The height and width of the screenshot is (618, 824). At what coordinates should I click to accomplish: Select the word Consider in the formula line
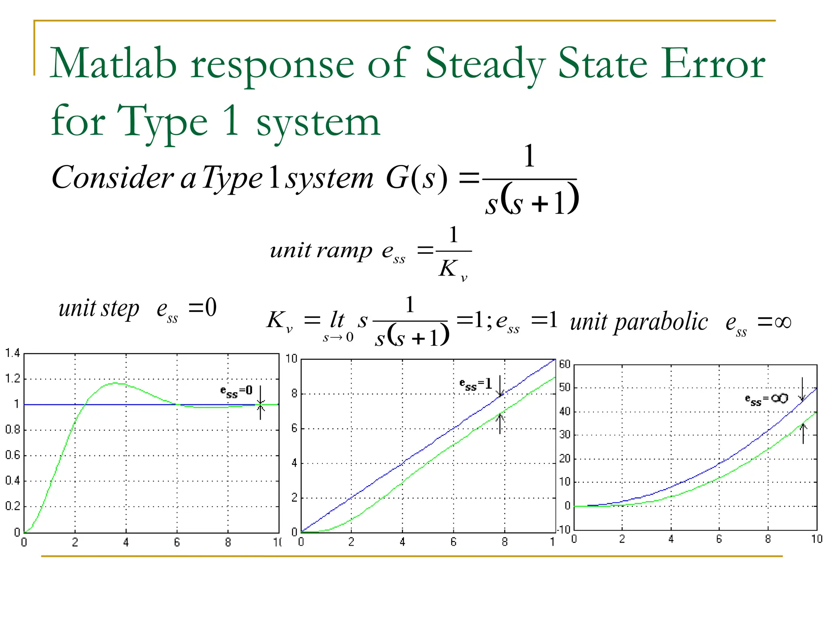tap(113, 177)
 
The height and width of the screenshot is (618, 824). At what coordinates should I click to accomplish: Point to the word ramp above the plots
tap(344, 251)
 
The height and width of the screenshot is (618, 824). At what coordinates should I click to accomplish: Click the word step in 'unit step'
tap(120, 309)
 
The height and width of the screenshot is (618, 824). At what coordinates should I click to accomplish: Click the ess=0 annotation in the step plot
tap(237, 391)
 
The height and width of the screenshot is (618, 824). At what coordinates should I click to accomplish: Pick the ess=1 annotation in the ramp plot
tap(476, 384)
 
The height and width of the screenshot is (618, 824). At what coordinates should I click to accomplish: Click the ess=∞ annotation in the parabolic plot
tap(766, 399)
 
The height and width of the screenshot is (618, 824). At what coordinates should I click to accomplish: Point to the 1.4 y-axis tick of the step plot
tap(12, 354)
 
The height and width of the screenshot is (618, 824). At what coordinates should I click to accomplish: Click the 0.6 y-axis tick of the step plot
tap(12, 455)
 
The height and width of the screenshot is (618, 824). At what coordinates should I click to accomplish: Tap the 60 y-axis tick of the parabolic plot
tap(565, 365)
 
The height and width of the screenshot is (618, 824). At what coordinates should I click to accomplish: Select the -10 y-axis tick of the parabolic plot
tap(563, 529)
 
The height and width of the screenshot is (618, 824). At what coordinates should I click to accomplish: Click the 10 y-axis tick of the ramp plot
tap(291, 358)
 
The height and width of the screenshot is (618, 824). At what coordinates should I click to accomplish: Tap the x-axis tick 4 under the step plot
tap(126, 543)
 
